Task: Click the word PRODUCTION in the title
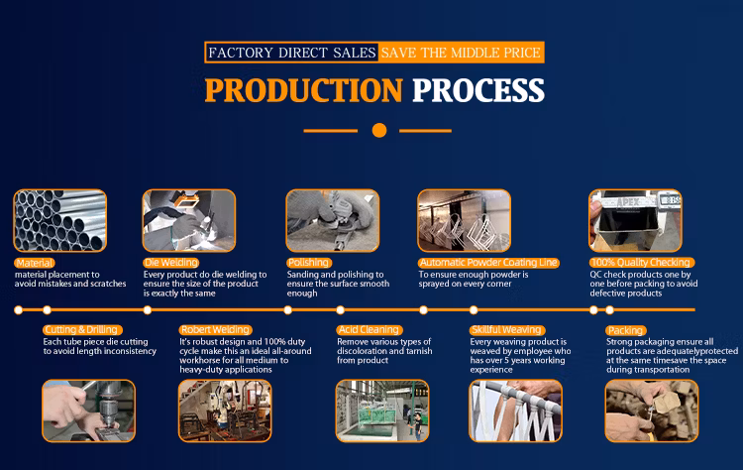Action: [x=304, y=90]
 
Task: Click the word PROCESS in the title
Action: [x=478, y=90]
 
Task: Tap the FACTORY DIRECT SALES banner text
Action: [x=292, y=53]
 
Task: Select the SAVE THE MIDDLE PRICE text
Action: [x=461, y=53]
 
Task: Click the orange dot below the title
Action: [x=379, y=131]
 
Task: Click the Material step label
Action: [x=34, y=263]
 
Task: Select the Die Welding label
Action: [x=171, y=263]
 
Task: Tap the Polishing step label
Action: [x=308, y=263]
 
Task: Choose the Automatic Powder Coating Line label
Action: [x=488, y=263]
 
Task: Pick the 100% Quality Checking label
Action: [x=642, y=263]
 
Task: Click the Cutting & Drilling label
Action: [x=82, y=329]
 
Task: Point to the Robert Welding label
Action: [x=215, y=329]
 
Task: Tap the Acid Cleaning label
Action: [x=370, y=329]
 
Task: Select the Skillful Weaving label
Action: [x=507, y=329]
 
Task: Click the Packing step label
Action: [x=626, y=330]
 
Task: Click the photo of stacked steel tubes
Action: [x=60, y=220]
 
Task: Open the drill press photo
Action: [x=88, y=411]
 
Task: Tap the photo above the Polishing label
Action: [x=333, y=220]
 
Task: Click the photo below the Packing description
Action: [x=652, y=411]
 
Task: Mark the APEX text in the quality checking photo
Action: [x=628, y=202]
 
